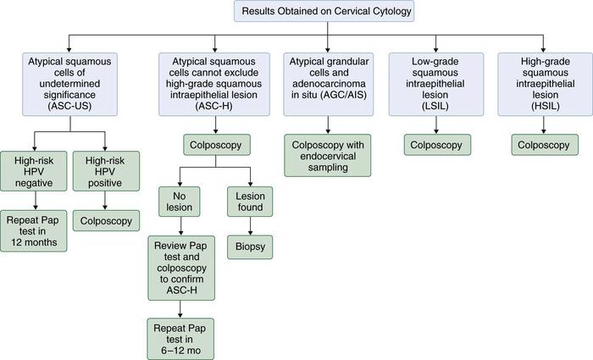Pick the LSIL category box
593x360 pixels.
coord(435,84)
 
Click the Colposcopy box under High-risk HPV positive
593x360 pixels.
coord(107,221)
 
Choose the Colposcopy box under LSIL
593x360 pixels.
coord(435,145)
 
